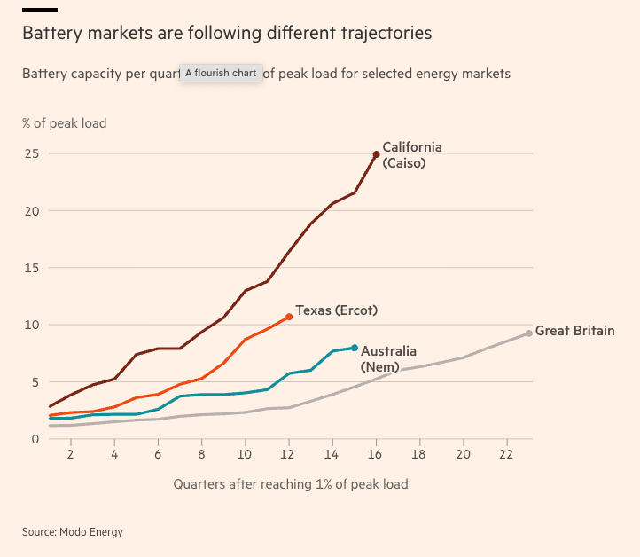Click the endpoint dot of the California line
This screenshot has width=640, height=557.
(x=376, y=154)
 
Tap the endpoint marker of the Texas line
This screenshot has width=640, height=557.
(x=289, y=317)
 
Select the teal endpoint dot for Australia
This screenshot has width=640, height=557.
(x=355, y=348)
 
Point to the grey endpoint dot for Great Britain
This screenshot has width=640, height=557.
(x=529, y=333)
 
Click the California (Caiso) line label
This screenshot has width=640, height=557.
(x=411, y=155)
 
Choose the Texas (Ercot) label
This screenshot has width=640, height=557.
(x=337, y=310)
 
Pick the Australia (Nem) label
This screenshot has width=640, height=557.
(x=388, y=358)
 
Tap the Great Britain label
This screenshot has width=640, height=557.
(x=574, y=332)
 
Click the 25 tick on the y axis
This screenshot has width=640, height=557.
(x=32, y=154)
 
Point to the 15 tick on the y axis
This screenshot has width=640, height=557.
(x=32, y=268)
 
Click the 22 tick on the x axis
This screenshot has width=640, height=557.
(x=506, y=453)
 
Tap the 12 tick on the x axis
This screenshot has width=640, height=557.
(x=289, y=453)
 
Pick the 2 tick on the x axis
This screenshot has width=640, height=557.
(x=70, y=453)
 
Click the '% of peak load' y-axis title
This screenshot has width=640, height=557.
(x=64, y=123)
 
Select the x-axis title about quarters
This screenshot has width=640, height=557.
(x=291, y=484)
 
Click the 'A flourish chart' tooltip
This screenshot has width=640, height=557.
(x=221, y=73)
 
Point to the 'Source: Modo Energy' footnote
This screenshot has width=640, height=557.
(x=73, y=532)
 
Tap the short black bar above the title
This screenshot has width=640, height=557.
(x=40, y=9)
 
